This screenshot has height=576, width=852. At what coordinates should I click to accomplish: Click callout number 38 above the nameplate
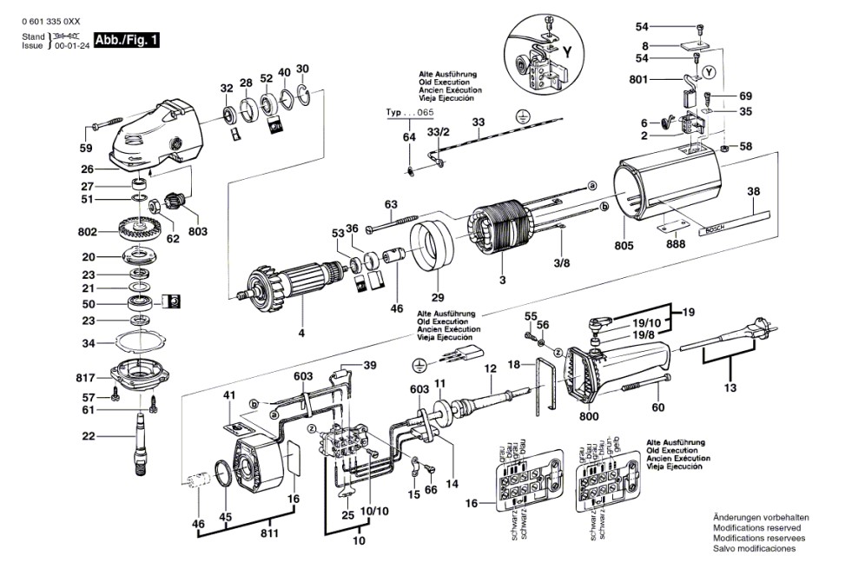coord(753,192)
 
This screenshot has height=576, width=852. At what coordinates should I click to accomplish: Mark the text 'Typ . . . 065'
coord(410,115)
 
